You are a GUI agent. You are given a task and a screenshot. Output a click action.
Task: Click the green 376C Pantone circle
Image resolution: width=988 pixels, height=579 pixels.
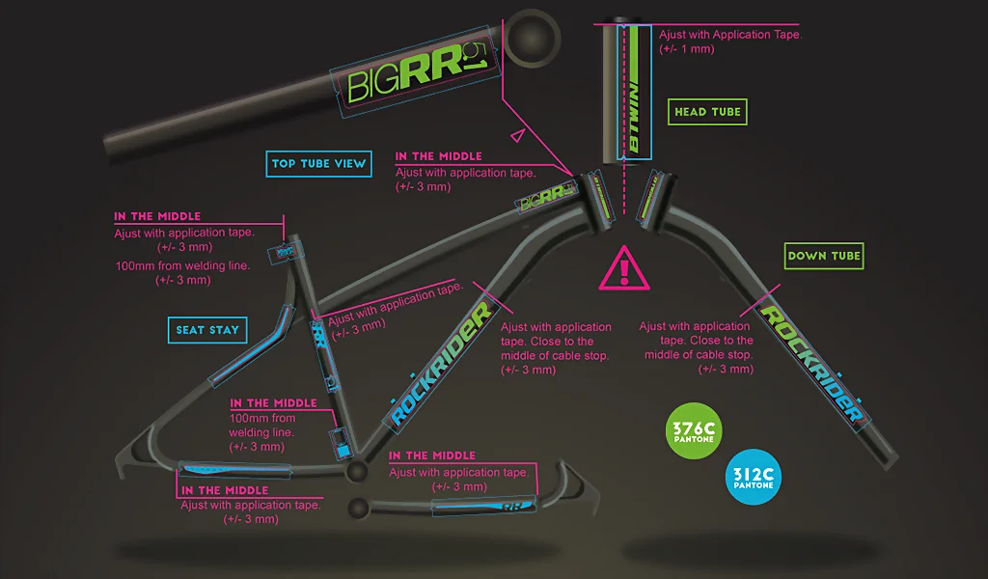pos(695,430)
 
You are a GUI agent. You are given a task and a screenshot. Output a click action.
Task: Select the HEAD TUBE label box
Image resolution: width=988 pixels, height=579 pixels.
pos(708,112)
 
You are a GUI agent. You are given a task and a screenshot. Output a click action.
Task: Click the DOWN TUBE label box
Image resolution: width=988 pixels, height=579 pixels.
pos(823,257)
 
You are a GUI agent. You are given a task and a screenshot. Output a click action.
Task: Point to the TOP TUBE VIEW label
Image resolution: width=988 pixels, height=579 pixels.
pos(318,163)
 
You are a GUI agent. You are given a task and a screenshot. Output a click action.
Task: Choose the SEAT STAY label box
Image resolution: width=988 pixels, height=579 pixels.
pos(206,330)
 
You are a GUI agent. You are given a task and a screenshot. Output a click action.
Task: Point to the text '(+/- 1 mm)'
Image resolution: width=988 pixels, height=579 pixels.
pos(686,48)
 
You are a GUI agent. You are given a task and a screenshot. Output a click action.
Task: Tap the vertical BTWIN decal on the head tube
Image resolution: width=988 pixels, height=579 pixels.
pos(636,92)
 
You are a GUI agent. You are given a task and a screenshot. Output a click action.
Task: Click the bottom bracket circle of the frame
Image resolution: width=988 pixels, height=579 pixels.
pos(357,471)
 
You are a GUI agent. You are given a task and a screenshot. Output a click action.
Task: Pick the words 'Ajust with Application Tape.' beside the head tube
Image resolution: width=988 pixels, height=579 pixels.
pos(730,34)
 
